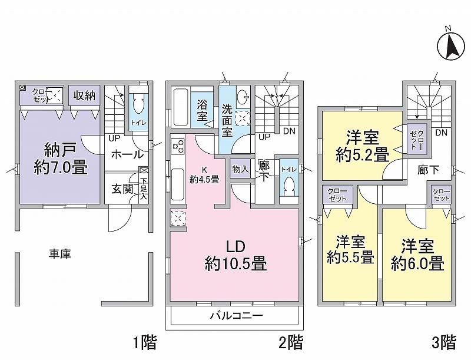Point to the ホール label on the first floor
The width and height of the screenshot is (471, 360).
pos(127,155)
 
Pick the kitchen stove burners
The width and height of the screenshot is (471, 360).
pos(178,146)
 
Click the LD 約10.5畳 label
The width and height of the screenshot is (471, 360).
pos(235,256)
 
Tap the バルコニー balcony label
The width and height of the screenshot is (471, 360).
pos(235,316)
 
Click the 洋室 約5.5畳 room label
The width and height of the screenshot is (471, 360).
pos(350,250)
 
